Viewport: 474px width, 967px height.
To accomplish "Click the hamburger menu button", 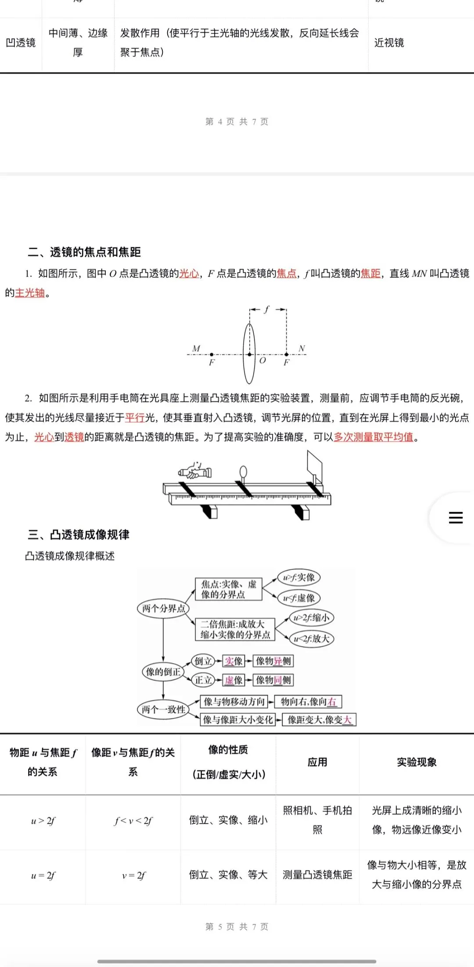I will click(x=456, y=517).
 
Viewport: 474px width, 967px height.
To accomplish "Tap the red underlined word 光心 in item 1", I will click(x=189, y=274).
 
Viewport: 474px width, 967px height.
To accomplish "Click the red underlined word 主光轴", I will click(x=30, y=293).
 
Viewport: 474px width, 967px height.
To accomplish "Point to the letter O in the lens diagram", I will click(x=262, y=360).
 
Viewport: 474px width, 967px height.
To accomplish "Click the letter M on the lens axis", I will click(x=196, y=348).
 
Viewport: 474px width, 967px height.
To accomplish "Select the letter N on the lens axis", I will click(x=302, y=348).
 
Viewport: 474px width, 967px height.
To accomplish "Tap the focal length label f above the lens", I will click(x=267, y=309).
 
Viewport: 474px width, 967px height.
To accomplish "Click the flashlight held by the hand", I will click(x=196, y=472).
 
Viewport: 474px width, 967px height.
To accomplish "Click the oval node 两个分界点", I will click(x=163, y=608).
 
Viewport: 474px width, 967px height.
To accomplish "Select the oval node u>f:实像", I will click(x=299, y=578).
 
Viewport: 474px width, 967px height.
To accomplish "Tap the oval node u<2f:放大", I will click(x=312, y=639).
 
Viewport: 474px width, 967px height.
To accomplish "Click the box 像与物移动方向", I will click(x=234, y=702).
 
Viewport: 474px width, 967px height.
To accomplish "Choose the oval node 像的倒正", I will click(x=163, y=672).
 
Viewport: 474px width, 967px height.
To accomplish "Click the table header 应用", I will click(x=317, y=762).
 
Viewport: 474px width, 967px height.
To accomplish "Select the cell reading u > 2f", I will click(x=43, y=821).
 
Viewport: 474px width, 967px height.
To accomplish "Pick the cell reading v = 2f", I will click(x=133, y=876).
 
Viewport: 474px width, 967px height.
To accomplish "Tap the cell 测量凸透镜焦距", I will click(x=317, y=875).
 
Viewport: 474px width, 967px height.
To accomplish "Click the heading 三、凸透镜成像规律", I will click(x=79, y=535).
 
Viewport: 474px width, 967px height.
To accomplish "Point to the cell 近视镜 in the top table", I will click(x=389, y=43).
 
